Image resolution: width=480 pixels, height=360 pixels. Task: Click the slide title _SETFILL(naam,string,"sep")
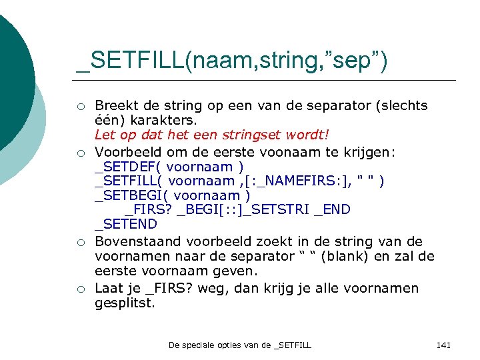(231, 61)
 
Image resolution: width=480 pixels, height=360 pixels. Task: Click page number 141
(443, 345)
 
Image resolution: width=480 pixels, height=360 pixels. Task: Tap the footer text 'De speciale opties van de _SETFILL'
(240, 345)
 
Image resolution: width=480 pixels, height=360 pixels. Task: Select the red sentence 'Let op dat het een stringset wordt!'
(213, 136)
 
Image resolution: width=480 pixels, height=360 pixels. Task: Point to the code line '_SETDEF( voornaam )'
(169, 167)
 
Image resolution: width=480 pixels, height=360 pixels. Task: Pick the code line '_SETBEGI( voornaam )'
(173, 195)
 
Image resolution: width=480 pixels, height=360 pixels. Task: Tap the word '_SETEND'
(126, 224)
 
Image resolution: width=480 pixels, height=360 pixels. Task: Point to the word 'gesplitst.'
(125, 303)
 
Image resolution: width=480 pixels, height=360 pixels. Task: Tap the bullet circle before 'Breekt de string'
(80, 106)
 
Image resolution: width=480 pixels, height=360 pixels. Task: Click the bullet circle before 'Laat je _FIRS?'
(80, 289)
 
